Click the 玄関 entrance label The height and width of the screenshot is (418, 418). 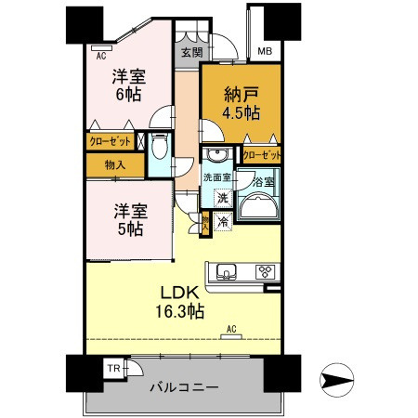click(189, 52)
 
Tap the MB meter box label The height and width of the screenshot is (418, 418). click(265, 52)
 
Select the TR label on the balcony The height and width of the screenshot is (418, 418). click(113, 369)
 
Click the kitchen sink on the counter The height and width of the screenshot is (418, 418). click(228, 272)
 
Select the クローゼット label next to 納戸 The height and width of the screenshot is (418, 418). click(261, 155)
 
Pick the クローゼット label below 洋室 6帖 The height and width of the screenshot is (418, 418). click(110, 141)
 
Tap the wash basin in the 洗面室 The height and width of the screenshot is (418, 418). click(220, 155)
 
